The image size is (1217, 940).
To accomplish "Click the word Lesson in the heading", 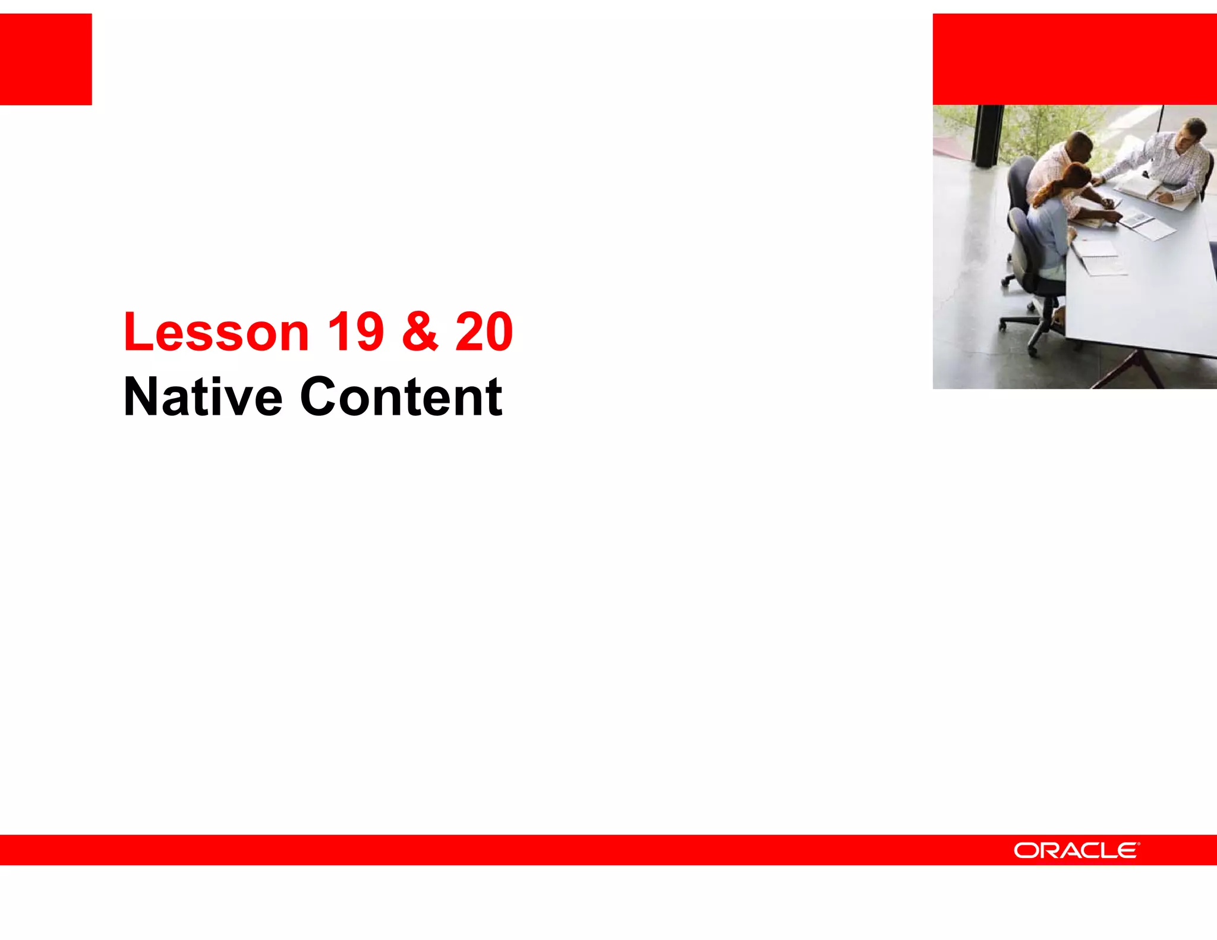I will click(216, 332).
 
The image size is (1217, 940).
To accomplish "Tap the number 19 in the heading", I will click(355, 332).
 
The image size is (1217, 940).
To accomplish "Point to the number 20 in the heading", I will click(484, 332).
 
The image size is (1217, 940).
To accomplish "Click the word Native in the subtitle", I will click(203, 397).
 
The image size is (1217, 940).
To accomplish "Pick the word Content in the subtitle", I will click(401, 397).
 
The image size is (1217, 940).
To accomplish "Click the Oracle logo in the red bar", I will click(1076, 850).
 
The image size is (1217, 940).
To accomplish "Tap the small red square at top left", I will click(46, 59).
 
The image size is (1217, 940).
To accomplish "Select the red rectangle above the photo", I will click(1074, 59).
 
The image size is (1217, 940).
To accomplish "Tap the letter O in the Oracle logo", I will click(1026, 851).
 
